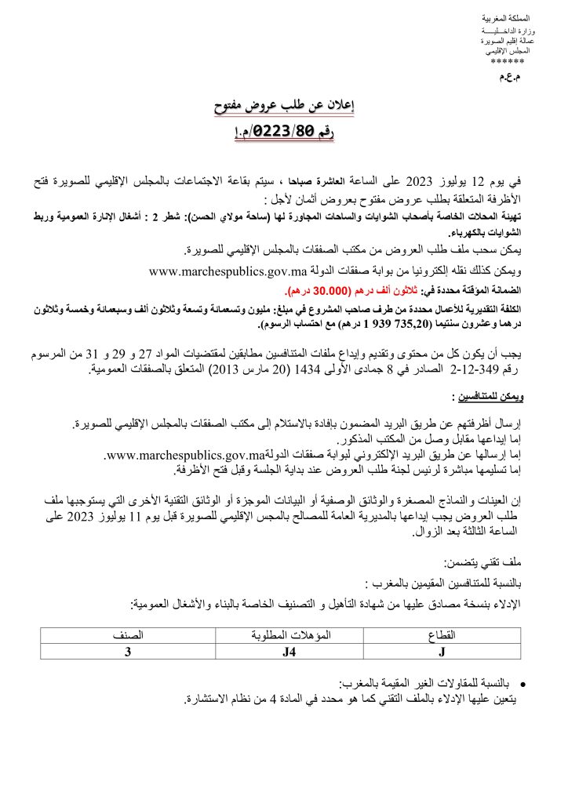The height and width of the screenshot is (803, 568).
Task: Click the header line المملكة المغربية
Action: pyautogui.click(x=505, y=18)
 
